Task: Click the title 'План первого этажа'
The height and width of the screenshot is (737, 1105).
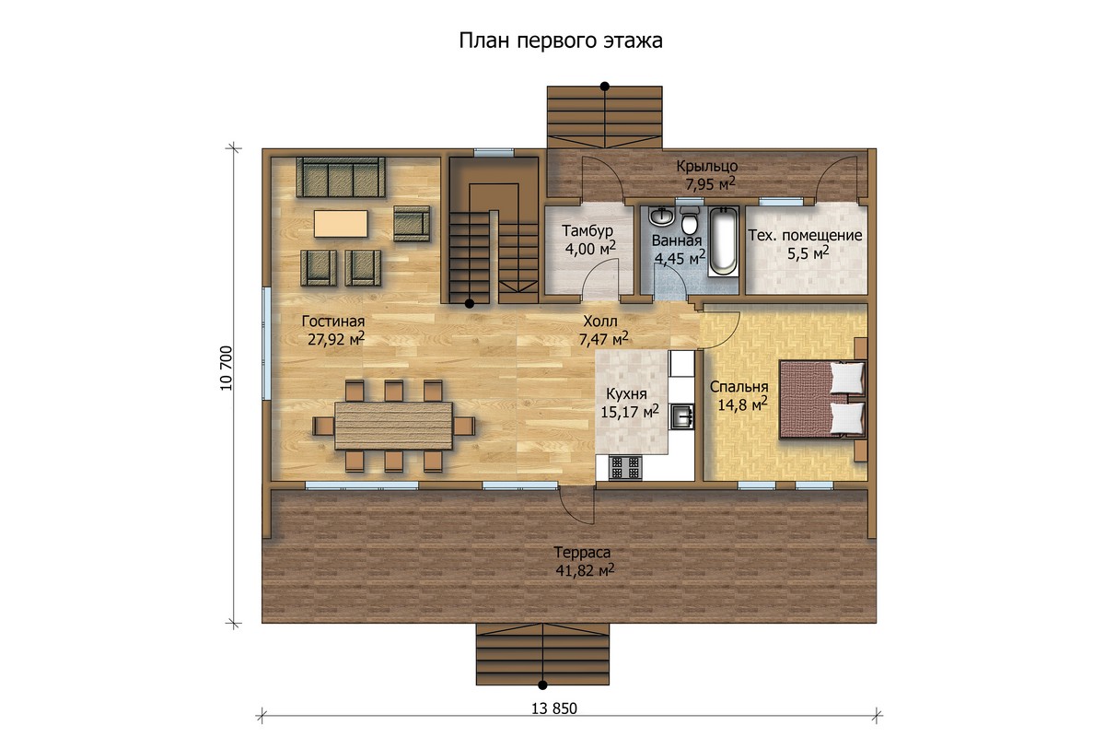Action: (x=561, y=41)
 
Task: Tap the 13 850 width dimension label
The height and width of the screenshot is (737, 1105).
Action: (x=554, y=708)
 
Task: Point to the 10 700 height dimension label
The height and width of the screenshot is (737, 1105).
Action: (x=226, y=368)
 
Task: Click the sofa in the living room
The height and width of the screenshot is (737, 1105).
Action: (x=341, y=177)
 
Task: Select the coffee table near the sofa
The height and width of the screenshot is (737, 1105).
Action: (x=341, y=224)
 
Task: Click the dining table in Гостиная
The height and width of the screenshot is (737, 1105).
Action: (x=394, y=426)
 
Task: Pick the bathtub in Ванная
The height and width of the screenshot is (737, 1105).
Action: (x=724, y=240)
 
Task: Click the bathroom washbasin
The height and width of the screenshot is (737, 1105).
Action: (x=661, y=216)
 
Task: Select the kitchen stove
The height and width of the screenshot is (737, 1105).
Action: (x=625, y=467)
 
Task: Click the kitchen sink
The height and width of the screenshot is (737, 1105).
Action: (x=681, y=415)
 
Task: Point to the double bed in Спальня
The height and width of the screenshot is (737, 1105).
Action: (x=822, y=399)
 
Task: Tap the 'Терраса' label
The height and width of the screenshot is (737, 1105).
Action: (x=582, y=552)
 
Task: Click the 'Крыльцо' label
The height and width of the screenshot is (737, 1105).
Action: (x=707, y=166)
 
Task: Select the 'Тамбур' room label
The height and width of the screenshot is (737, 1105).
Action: (x=587, y=230)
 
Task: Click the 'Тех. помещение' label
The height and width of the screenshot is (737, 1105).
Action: (x=805, y=236)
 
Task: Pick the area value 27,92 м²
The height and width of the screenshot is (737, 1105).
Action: (x=336, y=339)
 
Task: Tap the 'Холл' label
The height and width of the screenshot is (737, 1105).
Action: (x=600, y=322)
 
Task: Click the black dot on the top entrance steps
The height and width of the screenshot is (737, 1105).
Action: (x=604, y=87)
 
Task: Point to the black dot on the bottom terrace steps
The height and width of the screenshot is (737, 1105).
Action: (x=542, y=684)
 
